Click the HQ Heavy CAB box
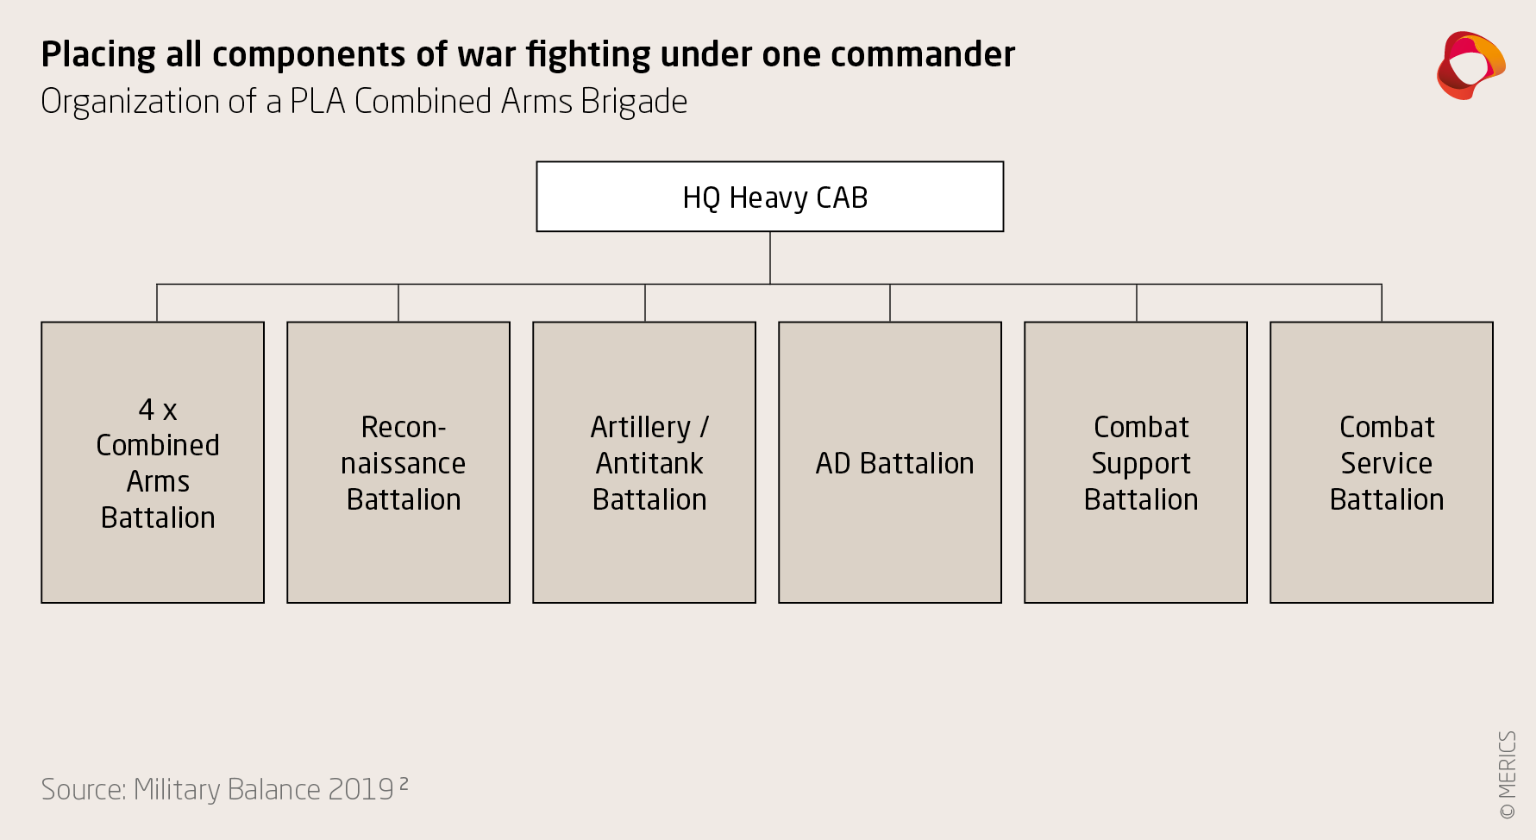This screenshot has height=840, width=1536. tap(769, 197)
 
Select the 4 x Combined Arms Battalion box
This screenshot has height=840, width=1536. tap(153, 462)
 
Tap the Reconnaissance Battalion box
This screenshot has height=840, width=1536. tap(398, 462)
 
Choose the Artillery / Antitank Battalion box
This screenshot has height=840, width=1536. tap(644, 462)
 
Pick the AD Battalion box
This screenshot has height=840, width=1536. tap(890, 462)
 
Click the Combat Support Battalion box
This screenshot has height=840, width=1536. tap(1136, 462)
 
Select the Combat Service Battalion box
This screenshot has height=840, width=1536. tap(1382, 462)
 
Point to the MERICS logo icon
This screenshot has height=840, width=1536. tap(1470, 66)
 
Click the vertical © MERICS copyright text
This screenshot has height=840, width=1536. tap(1507, 774)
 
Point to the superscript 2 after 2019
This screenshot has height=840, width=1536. tap(404, 784)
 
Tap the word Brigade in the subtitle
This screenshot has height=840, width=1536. tap(634, 102)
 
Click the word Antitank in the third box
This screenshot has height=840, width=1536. tap(649, 463)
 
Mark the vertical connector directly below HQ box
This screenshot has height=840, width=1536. tap(770, 257)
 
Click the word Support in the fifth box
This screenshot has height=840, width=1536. tap(1141, 464)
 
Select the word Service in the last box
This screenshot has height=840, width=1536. tap(1387, 463)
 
